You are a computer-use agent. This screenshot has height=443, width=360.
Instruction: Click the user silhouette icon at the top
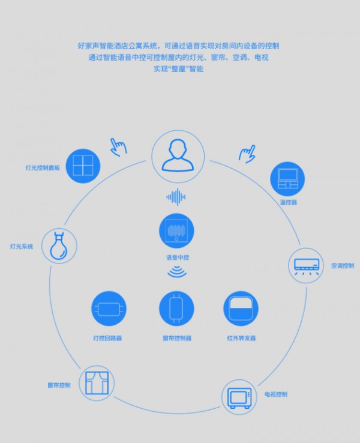pyautogui.click(x=178, y=156)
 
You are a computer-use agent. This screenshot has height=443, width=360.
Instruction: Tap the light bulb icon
pyautogui.click(x=59, y=246)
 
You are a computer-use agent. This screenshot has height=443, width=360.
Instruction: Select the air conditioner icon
pyautogui.click(x=307, y=265)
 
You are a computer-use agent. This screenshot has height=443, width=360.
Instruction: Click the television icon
pyautogui.click(x=239, y=397)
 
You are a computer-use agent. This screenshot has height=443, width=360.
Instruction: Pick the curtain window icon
pyautogui.click(x=97, y=383)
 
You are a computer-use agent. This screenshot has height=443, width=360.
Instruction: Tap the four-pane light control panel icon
pyautogui.click(x=83, y=166)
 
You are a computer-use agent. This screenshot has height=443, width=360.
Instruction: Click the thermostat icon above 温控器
pyautogui.click(x=287, y=179)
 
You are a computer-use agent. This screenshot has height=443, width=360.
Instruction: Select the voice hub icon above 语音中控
pyautogui.click(x=176, y=231)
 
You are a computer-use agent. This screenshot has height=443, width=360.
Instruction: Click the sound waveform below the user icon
pyautogui.click(x=176, y=197)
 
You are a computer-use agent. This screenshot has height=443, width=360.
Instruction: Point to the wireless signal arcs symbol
pyautogui.click(x=177, y=271)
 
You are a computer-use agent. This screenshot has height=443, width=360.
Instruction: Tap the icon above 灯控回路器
pyautogui.click(x=109, y=309)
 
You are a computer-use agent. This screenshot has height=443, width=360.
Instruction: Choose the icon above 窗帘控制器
pyautogui.click(x=176, y=309)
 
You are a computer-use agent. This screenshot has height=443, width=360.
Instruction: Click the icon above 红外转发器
pyautogui.click(x=241, y=309)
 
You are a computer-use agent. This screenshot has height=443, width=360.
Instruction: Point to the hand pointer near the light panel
pyautogui.click(x=118, y=147)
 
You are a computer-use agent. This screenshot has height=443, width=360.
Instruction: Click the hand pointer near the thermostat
pyautogui.click(x=247, y=154)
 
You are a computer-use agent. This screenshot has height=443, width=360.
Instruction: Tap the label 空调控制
pyautogui.click(x=343, y=266)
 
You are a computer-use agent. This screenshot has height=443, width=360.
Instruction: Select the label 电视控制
pyautogui.click(x=276, y=394)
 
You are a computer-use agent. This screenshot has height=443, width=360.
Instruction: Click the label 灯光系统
pyautogui.click(x=22, y=247)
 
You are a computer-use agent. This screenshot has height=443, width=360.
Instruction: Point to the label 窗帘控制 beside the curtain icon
pyautogui.click(x=59, y=385)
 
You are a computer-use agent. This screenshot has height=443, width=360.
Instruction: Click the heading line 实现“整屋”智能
pyautogui.click(x=178, y=69)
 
